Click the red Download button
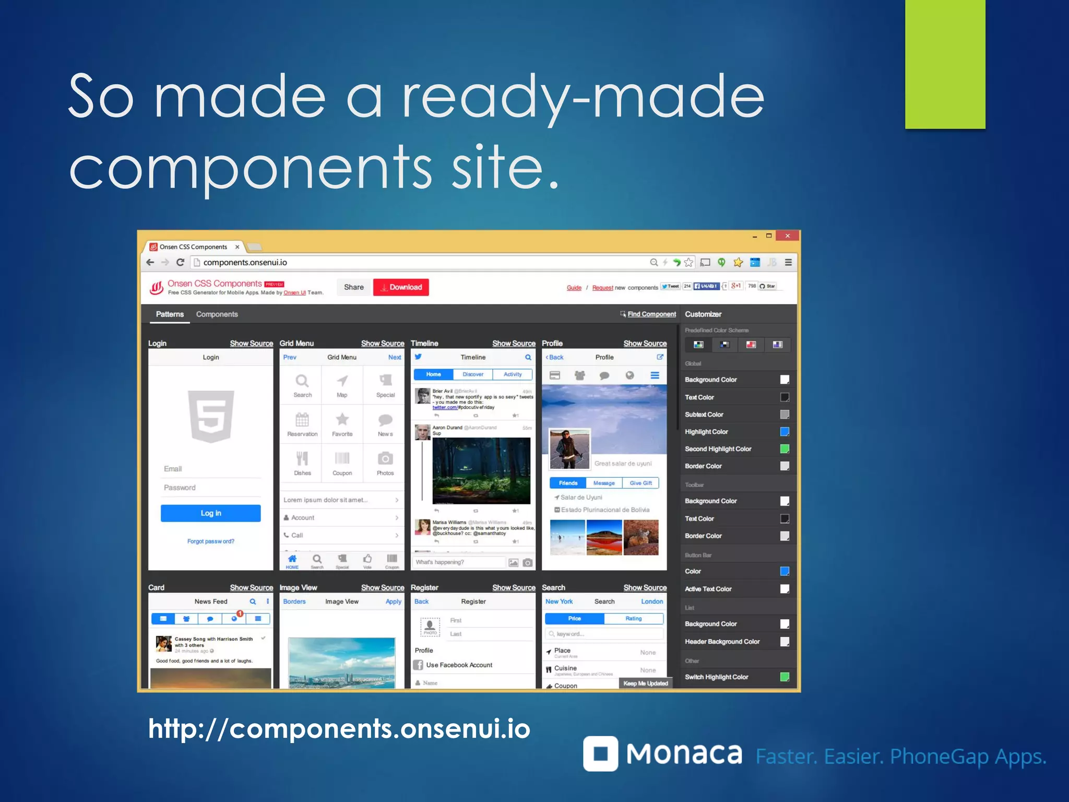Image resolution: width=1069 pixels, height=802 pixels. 401,287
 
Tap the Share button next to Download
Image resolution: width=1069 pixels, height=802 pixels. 353,287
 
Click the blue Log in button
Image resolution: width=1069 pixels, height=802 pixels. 210,513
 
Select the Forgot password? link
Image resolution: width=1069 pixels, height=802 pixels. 210,541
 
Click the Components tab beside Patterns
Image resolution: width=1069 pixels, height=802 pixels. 217,314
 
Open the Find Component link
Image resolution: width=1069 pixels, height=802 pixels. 651,314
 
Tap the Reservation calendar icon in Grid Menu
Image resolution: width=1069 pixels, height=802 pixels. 302,420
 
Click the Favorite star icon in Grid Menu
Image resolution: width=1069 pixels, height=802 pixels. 342,420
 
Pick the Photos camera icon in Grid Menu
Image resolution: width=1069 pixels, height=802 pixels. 385,459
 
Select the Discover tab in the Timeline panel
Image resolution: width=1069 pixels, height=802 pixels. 473,374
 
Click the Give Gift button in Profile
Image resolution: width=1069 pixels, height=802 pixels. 640,483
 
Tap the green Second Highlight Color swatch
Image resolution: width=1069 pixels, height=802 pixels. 785,449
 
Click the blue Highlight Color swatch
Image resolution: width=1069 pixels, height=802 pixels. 785,432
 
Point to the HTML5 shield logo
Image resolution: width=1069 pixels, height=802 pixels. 211,416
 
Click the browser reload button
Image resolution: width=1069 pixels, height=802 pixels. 180,263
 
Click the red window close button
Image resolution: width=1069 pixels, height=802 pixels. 787,236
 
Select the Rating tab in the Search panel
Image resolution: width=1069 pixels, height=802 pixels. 634,619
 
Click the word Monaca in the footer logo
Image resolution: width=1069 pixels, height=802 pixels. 684,754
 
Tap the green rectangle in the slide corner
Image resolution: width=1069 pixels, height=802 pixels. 945,64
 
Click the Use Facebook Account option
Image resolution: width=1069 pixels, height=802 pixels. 459,665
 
